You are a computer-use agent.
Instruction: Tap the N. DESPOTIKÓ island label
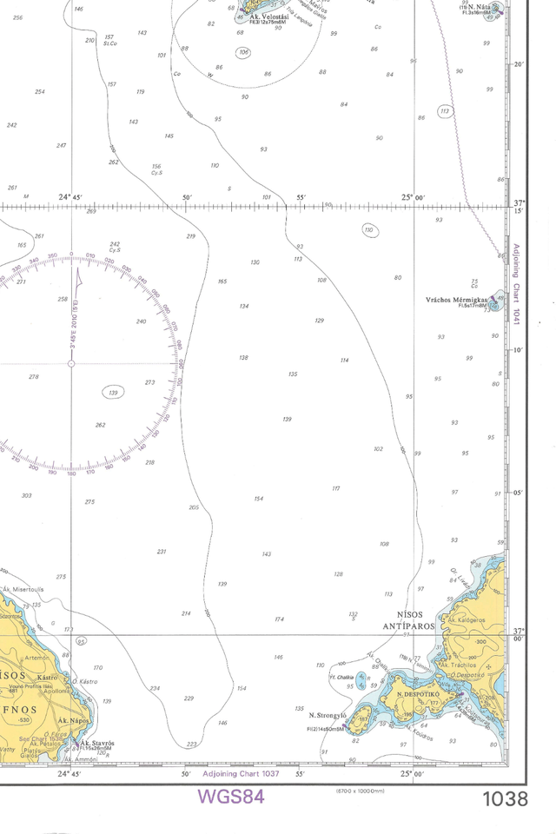pos(415,694)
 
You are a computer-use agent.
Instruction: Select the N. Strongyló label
pos(328,715)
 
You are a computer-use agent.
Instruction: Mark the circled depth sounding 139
pos(113,393)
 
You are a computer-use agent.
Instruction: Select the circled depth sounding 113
pos(445,111)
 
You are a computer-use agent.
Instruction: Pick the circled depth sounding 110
pos(369,230)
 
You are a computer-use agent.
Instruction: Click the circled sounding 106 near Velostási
pos(243,53)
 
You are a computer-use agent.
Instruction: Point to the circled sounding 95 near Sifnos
pos(81,641)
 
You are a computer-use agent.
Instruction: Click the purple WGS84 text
pos(230,796)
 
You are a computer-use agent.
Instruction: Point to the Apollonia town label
pos(62,692)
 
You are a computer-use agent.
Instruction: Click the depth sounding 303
pos(26,495)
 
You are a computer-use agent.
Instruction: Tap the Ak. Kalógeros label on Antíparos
pos(466,620)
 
